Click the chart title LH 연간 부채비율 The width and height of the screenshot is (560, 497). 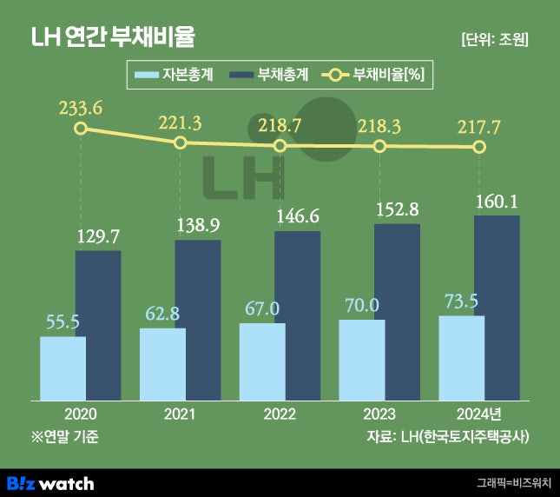pos(113,38)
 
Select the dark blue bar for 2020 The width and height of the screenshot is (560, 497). pos(98,326)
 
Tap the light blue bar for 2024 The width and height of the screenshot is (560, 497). pos(462,358)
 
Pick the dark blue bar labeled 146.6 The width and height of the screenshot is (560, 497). pos(298,316)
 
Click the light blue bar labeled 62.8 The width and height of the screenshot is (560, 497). pos(162,364)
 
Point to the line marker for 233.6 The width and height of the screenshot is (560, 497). pos(81,129)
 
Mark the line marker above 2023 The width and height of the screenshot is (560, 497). pos(379,146)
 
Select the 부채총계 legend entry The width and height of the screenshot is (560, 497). pos(270,75)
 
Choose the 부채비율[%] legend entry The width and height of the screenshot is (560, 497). pos(372,75)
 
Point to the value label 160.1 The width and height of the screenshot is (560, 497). pos(497,202)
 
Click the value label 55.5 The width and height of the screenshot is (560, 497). pos(63,321)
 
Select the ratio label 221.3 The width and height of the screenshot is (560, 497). pos(180,123)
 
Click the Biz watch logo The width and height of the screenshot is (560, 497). pos(50,482)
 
